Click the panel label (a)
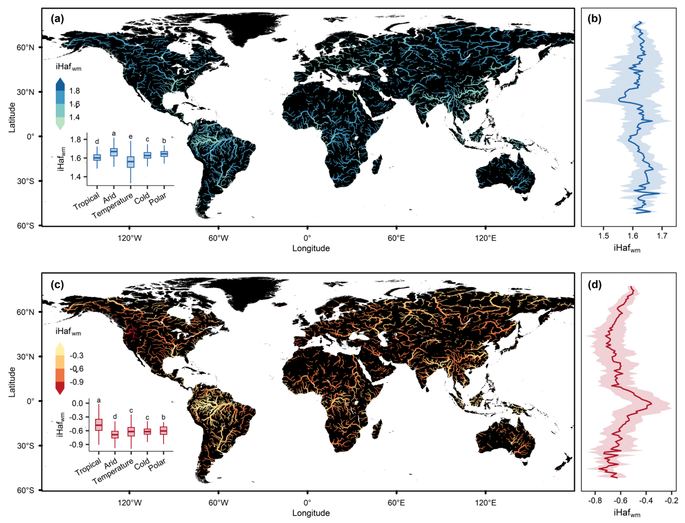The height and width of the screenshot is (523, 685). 57,19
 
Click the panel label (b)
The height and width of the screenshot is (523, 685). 594,19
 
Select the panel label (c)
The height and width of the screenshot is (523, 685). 57,285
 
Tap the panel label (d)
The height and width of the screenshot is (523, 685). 594,285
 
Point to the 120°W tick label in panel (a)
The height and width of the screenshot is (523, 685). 129,238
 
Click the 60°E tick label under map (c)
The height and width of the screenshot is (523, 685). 396,503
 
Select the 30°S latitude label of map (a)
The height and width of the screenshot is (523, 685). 25,181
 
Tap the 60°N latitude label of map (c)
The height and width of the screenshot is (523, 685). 25,312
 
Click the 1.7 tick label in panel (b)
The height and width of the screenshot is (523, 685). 662,236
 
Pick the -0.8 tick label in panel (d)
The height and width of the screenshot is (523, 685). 595,501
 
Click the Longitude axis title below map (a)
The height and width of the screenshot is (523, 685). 311,248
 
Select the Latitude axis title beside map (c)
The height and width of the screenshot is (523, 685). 12,382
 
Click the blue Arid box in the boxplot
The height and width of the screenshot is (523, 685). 114,152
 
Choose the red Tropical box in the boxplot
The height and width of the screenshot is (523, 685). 99,425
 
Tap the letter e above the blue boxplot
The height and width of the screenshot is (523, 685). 131,137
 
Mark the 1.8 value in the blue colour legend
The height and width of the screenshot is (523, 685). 74,91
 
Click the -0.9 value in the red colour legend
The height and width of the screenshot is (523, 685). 77,382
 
